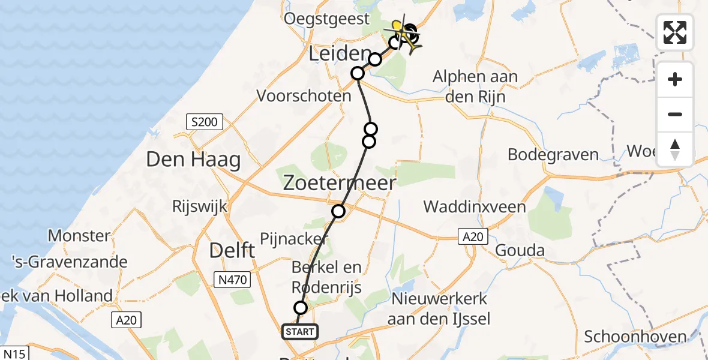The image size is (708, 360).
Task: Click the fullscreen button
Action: coord(675,32)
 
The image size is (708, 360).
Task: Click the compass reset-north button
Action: coord(675,149)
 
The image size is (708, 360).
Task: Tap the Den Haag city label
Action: coord(193,160)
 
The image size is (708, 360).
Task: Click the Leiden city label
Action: coord(338,55)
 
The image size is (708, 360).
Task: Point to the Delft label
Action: coord(232,251)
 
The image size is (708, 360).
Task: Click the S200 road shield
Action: coord(205,123)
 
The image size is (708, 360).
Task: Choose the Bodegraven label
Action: coord(553,154)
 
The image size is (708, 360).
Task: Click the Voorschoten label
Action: coord(304,95)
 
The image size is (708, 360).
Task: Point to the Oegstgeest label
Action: coord(327,19)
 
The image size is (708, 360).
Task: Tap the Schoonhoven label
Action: coord(635,336)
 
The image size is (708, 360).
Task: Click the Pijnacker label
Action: coord(294,239)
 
